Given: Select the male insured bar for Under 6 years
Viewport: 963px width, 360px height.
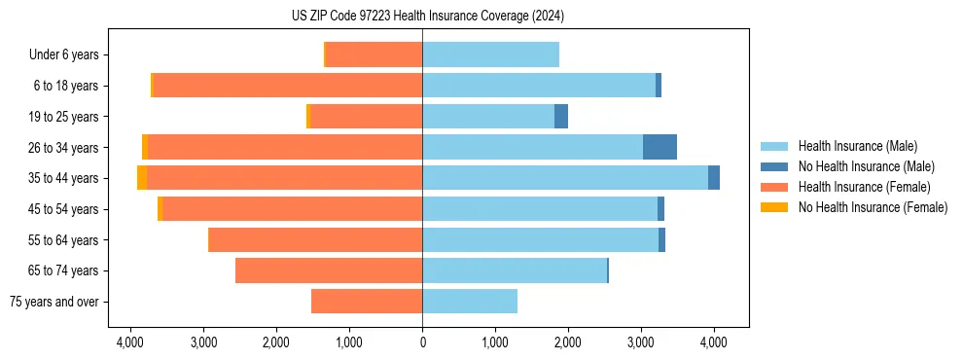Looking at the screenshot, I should [490, 54].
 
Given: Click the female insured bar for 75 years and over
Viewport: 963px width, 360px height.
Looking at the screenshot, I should [367, 302].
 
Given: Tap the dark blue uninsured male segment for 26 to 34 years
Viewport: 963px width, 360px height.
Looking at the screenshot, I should [660, 147].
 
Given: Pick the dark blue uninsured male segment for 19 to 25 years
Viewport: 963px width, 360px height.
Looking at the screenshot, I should [561, 117].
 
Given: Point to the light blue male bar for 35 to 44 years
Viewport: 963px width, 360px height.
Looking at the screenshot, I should [565, 178].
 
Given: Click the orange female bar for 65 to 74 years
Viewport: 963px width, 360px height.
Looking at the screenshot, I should [329, 270].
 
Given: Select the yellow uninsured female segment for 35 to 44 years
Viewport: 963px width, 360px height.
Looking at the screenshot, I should [142, 178].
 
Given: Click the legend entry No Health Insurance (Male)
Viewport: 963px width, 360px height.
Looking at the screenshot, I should [866, 166].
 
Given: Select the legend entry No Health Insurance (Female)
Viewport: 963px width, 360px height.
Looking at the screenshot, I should [873, 207].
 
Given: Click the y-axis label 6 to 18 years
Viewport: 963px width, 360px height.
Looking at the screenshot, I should [65, 86].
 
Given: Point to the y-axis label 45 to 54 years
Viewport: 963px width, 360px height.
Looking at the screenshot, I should [63, 209].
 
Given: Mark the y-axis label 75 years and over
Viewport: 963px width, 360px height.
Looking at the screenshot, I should [54, 302].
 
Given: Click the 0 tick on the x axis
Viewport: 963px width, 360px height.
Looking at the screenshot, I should [422, 342].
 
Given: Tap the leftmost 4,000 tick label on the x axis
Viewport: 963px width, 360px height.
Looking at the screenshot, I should [130, 342].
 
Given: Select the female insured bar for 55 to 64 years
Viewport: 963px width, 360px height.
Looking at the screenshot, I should [316, 240].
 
